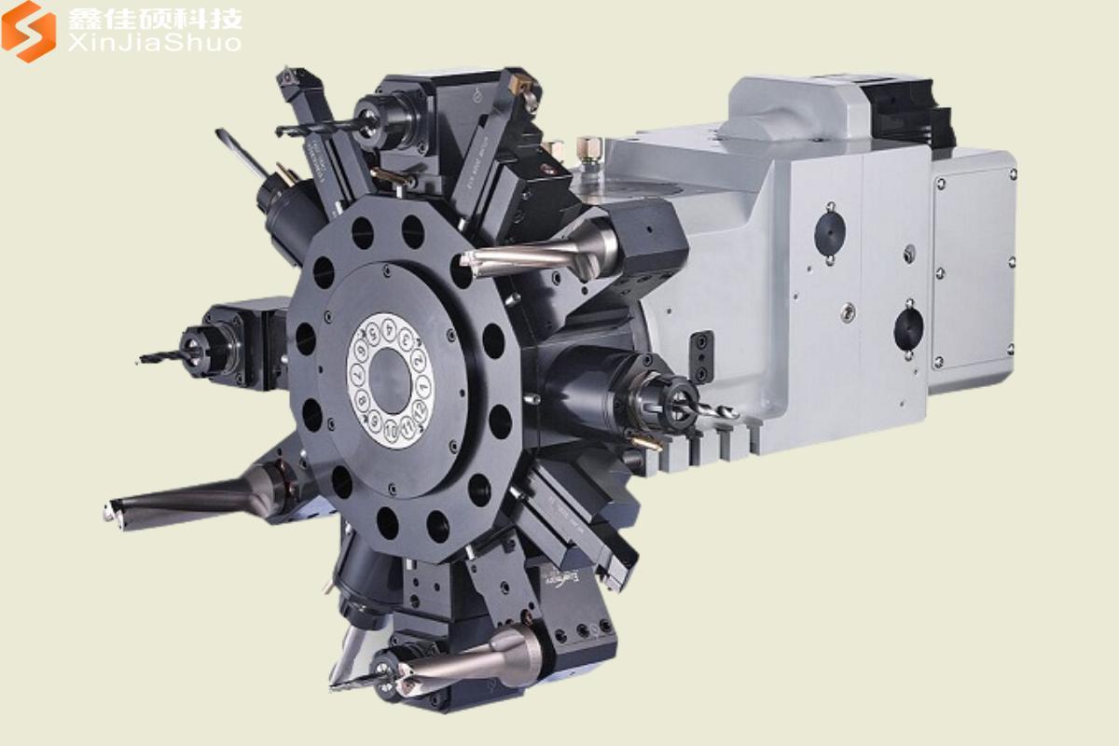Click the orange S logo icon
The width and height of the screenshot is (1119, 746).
coord(29,30)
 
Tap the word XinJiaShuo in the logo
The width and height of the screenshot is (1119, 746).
coord(155,43)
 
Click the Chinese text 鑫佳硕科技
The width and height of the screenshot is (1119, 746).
coord(155,19)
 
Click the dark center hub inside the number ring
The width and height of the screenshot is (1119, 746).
coord(391,380)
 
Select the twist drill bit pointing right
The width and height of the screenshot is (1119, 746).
coord(713,409)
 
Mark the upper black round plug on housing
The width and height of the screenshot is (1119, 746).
coord(829,233)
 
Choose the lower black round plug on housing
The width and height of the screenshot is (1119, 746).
coord(907,328)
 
